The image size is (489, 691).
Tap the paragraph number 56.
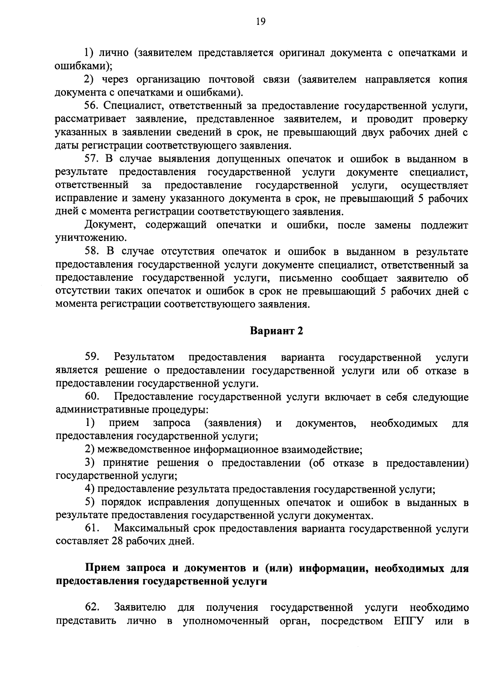point(92,106)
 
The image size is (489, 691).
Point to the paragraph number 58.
point(92,252)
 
